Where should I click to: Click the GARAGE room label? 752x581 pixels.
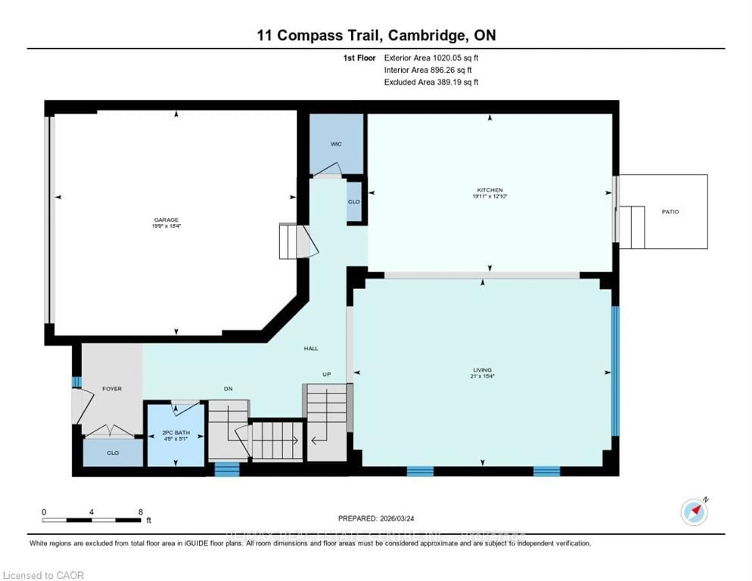pyautogui.click(x=166, y=220)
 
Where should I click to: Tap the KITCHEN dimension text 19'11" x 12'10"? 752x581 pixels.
pyautogui.click(x=490, y=196)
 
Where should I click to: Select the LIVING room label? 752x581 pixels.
pyautogui.click(x=482, y=370)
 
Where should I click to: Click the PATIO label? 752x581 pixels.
pyautogui.click(x=670, y=212)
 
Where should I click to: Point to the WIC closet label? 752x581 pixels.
pyautogui.click(x=336, y=144)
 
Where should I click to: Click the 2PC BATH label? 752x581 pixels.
pyautogui.click(x=176, y=433)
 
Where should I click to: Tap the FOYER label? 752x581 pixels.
pyautogui.click(x=112, y=389)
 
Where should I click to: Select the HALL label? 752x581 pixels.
pyautogui.click(x=311, y=349)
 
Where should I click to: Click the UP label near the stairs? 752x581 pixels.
pyautogui.click(x=326, y=374)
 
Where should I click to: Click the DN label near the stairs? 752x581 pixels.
pyautogui.click(x=228, y=389)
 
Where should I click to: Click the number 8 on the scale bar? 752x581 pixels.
pyautogui.click(x=140, y=512)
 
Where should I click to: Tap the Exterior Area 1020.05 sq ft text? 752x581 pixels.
pyautogui.click(x=431, y=58)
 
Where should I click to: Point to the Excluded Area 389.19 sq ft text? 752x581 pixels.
pyautogui.click(x=431, y=82)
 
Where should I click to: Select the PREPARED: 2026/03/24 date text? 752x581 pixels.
pyautogui.click(x=376, y=518)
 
